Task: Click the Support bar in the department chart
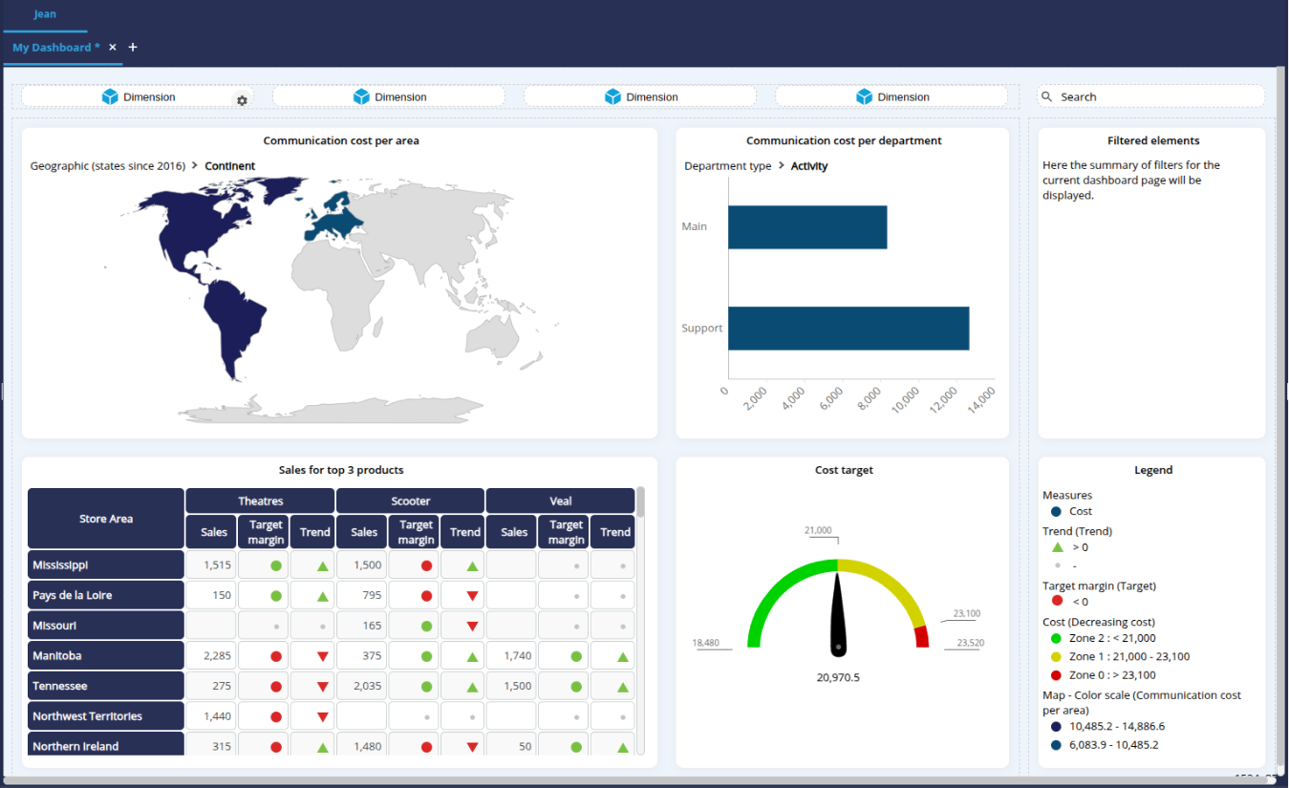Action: click(x=849, y=329)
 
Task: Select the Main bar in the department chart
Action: click(x=807, y=227)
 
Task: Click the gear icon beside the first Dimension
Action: click(x=242, y=100)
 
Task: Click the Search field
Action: click(x=1150, y=96)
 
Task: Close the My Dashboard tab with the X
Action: click(x=113, y=47)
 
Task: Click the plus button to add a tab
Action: click(x=133, y=47)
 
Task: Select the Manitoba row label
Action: click(x=105, y=656)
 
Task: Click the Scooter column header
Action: click(x=411, y=500)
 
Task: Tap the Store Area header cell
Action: click(x=106, y=519)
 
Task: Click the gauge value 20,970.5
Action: click(x=838, y=677)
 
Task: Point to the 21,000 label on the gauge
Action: click(x=818, y=530)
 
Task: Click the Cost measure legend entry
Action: click(x=1081, y=511)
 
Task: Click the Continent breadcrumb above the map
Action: click(x=229, y=166)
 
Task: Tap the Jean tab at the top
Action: click(x=45, y=14)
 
